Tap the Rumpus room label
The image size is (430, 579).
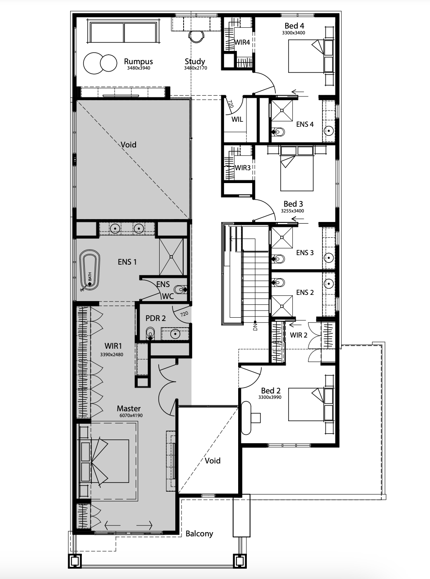point(139,61)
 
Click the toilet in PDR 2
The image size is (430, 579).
point(150,333)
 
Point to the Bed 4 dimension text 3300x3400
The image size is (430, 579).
point(294,33)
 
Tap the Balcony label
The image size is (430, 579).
point(199,533)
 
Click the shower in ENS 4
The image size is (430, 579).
point(282,111)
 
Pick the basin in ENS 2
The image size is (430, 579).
point(329,284)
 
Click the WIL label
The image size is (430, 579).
point(237,119)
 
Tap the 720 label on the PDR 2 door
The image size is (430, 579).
point(184,314)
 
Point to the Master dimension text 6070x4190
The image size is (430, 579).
point(131,415)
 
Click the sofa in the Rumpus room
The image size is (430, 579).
point(124,32)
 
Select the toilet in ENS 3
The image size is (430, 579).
point(278,259)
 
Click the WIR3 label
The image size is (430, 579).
point(243,168)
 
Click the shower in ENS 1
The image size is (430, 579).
point(172,257)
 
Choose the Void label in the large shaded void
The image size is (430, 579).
point(128,145)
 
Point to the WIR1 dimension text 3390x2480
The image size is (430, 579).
point(112,355)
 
